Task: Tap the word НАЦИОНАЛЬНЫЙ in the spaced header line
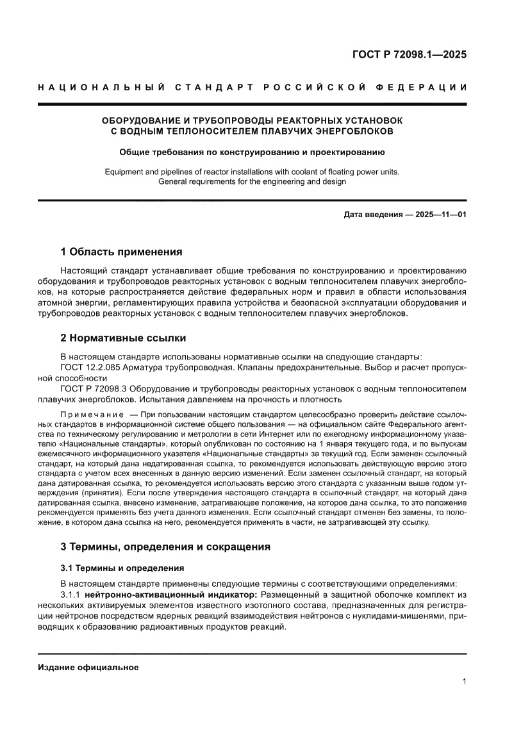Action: [97, 87]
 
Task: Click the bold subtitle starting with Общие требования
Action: [252, 152]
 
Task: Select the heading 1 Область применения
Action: [121, 251]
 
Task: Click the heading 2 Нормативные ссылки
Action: [123, 338]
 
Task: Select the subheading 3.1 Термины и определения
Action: [122, 568]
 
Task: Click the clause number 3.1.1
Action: [70, 594]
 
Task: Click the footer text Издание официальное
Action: [88, 667]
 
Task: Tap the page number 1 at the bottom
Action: [463, 682]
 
